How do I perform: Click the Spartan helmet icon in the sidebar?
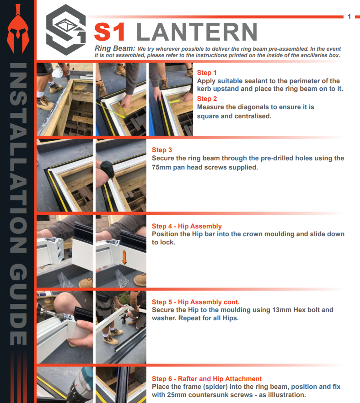pos(18,29)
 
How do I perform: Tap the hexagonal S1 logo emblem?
pos(66,30)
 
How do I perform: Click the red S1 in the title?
pos(110,32)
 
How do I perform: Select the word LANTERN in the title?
pos(197,32)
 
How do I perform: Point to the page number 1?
pos(349,17)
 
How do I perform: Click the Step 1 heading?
pos(207,73)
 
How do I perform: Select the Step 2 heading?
pos(207,99)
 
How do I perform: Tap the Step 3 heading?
pos(162,150)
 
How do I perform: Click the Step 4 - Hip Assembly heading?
pos(187,226)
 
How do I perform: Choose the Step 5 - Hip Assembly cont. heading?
pos(196,302)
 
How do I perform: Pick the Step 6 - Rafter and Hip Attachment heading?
pos(207,379)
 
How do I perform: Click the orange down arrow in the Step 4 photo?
pos(124,258)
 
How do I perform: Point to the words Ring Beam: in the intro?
pos(115,48)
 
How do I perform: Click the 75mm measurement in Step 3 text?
pos(161,167)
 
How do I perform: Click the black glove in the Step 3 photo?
pos(107,169)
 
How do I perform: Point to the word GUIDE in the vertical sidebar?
pos(18,304)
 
